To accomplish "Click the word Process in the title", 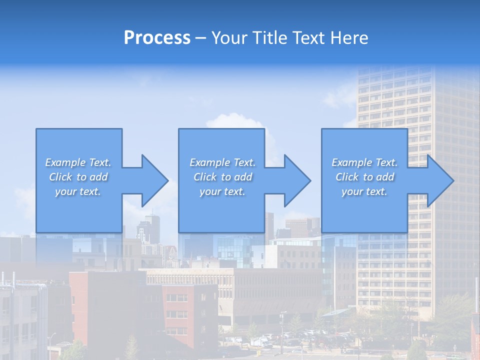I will (x=157, y=37).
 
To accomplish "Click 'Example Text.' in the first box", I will (x=78, y=162).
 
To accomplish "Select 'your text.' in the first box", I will (x=78, y=191).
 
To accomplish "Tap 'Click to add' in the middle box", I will (x=222, y=177).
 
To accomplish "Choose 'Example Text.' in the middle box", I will (x=222, y=162).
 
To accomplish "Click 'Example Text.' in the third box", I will (x=364, y=162).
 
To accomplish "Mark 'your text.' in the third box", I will (x=364, y=191).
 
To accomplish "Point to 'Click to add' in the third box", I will (x=364, y=177).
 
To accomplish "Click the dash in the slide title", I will (x=200, y=38).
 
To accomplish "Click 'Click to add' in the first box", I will (x=78, y=177).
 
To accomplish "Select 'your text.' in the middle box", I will (x=222, y=191).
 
